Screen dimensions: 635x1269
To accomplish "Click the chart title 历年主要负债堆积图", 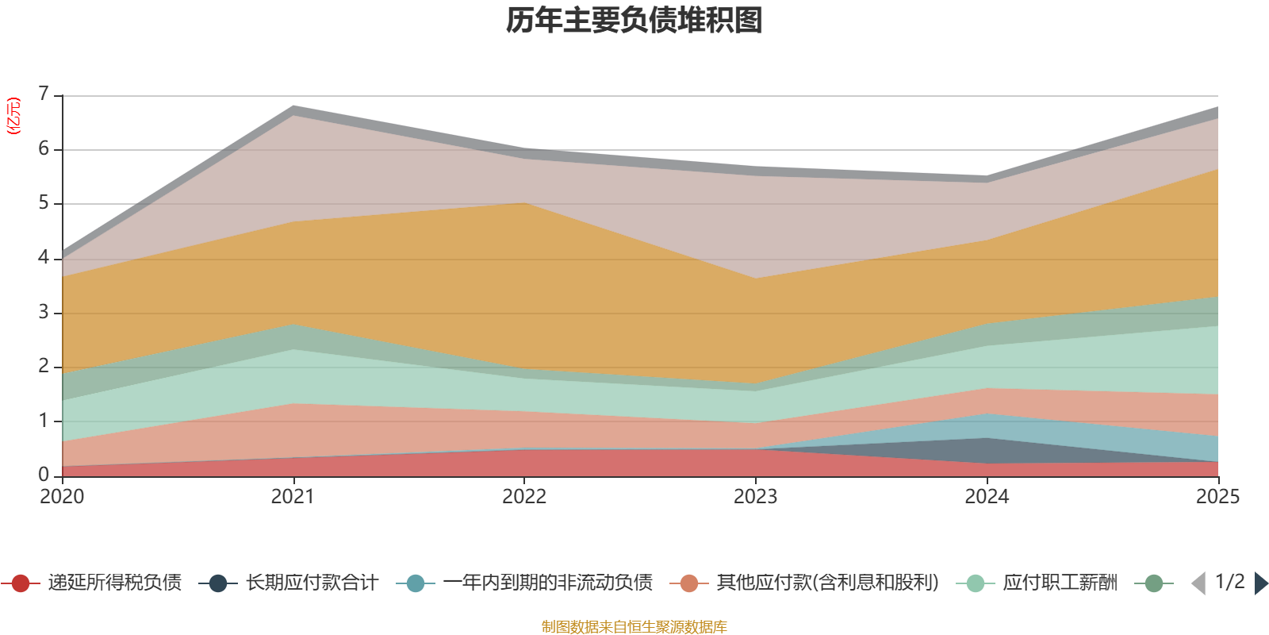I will coord(634,21).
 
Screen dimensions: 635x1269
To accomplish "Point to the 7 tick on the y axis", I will coord(44,94).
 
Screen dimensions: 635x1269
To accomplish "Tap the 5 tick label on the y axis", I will coord(44,203).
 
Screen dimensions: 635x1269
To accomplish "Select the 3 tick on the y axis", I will coord(44,312).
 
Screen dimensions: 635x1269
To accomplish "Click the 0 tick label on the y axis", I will coord(44,475).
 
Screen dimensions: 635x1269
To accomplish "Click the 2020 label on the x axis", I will coord(62,497).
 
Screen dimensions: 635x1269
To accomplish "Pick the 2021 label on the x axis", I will coord(293,497).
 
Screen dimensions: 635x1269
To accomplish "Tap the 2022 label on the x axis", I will coord(524,497).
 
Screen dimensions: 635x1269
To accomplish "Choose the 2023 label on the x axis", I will coord(755,497).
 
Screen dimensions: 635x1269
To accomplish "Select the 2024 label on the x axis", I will coord(987,497).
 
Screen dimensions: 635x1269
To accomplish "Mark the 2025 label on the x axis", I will coord(1217,497).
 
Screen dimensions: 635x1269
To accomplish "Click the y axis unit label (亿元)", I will coord(13,116).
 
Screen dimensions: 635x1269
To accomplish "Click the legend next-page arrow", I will coord(1260,583).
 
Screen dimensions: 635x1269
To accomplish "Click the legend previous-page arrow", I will coord(1198,583).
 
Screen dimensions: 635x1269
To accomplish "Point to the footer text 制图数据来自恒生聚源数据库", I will coord(634,627).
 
